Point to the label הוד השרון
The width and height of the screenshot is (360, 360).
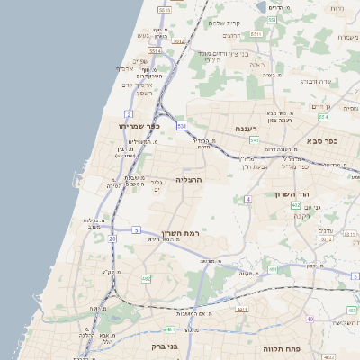click(x=292, y=193)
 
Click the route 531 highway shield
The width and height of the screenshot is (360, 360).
click(x=181, y=126)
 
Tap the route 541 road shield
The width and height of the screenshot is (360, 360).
click(x=255, y=140)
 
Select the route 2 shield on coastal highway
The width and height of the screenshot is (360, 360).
click(x=129, y=114)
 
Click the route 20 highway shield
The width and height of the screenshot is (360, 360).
click(x=112, y=239)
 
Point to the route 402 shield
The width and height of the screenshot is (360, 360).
click(x=296, y=205)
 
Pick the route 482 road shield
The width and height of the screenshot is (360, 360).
click(x=146, y=279)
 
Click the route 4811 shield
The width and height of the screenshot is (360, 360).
click(x=241, y=309)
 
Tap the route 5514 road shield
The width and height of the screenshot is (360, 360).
click(x=155, y=51)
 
